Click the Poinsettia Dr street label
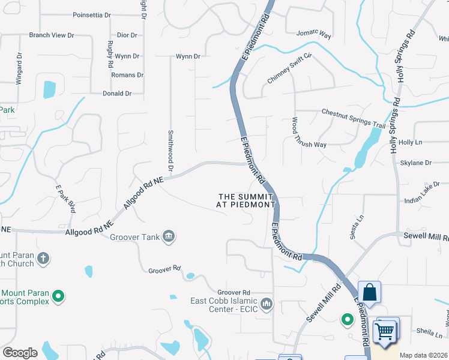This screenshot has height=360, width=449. (92, 15)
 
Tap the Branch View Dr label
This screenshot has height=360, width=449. (52, 35)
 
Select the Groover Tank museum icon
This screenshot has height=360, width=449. (169, 236)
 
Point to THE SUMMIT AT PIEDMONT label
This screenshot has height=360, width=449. (246, 200)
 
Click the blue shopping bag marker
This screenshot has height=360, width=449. (370, 293)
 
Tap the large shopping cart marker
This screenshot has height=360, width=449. (384, 331)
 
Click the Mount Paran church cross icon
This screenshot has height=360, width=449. (43, 259)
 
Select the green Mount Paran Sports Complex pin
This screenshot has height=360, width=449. (58, 295)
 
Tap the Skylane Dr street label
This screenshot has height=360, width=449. (415, 163)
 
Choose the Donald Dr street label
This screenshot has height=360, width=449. (117, 94)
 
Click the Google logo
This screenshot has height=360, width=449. (20, 353)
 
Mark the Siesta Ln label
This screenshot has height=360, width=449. (355, 226)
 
